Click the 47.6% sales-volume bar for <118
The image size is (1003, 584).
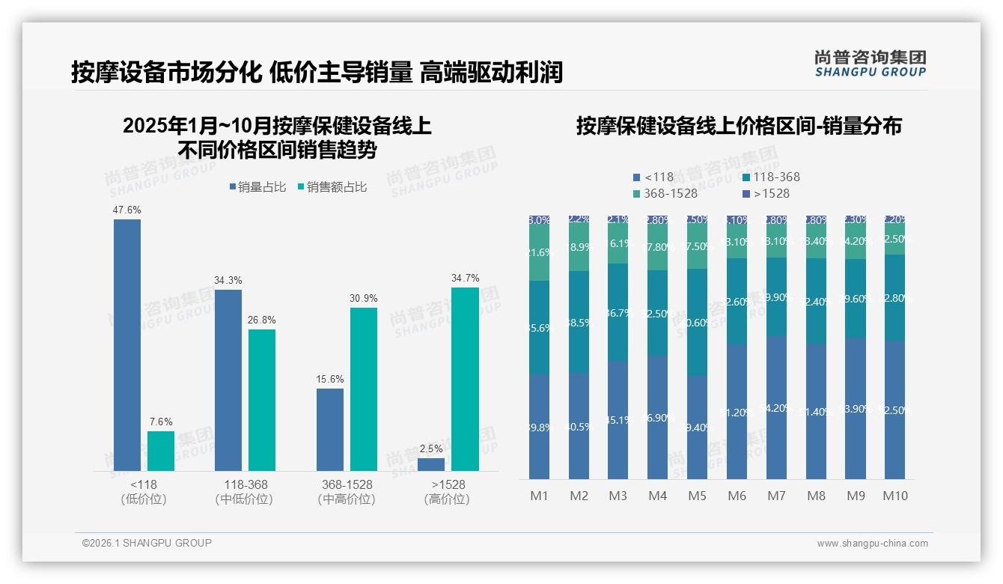point(126,344)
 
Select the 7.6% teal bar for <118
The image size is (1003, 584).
point(160,451)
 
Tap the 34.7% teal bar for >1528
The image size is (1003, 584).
point(464,379)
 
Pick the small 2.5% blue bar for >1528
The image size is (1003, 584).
point(430,464)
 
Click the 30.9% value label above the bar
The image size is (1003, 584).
point(363,298)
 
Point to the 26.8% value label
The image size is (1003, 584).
point(261,320)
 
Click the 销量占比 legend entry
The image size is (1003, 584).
point(257,187)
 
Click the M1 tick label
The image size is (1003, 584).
point(539,496)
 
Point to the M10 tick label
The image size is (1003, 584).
point(894,496)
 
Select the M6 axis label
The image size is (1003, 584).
point(737,496)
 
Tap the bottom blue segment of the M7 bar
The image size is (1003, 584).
point(776,408)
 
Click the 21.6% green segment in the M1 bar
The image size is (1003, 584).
point(539,253)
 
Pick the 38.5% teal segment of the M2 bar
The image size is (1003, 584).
point(579,322)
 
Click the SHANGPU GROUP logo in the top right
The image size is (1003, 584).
point(870,64)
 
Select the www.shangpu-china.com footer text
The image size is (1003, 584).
point(872,544)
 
